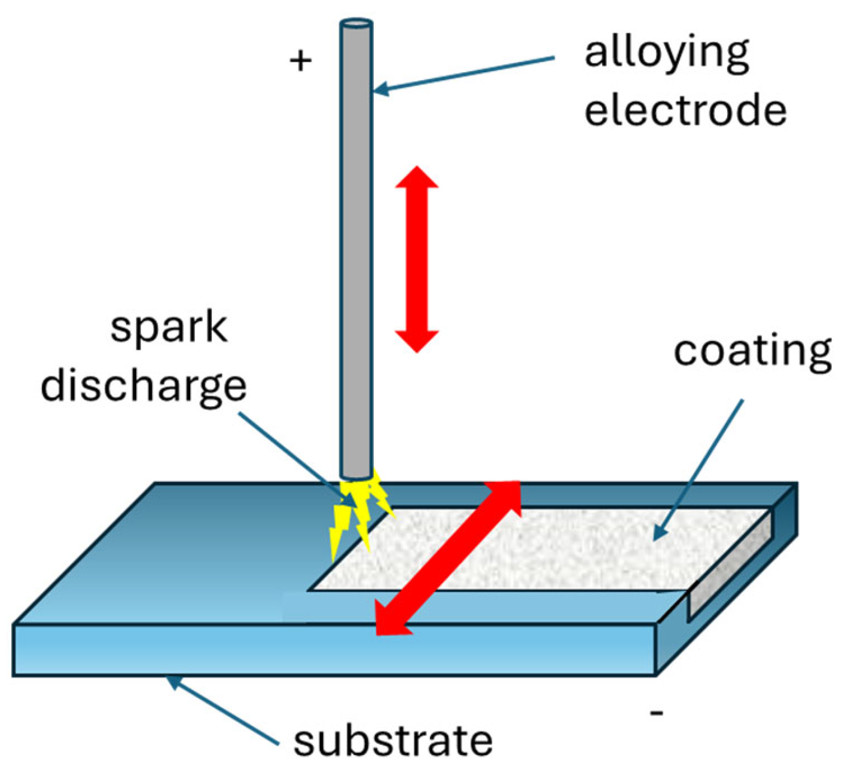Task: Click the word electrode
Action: point(685,111)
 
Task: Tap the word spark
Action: point(169,328)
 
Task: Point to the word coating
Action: point(752,352)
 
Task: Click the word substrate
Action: point(393,741)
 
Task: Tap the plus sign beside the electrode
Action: point(300,60)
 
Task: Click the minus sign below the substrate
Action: point(656,713)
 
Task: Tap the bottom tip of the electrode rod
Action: point(356,475)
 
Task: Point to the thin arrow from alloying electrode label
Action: point(464,75)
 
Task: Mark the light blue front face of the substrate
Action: point(335,650)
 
